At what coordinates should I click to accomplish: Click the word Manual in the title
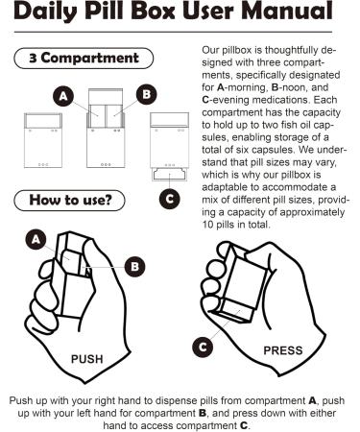[x=287, y=11]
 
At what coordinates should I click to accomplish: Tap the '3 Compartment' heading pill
[x=84, y=59]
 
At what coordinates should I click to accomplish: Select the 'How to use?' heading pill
[x=69, y=201]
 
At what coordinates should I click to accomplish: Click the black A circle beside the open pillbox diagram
[x=63, y=96]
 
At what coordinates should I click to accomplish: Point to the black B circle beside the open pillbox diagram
[x=146, y=94]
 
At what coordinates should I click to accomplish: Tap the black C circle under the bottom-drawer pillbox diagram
[x=170, y=199]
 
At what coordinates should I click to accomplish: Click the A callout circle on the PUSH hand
[x=36, y=240]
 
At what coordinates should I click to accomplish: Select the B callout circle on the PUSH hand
[x=134, y=267]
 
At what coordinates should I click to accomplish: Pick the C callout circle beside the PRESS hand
[x=203, y=347]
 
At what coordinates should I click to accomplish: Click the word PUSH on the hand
[x=86, y=359]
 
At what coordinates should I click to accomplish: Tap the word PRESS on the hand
[x=283, y=350]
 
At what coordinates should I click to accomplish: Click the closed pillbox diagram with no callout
[x=43, y=140]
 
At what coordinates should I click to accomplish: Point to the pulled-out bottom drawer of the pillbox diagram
[x=169, y=175]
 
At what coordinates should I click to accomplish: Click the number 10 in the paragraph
[x=207, y=225]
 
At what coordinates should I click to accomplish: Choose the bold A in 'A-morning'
[x=220, y=87]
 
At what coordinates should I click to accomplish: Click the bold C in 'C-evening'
[x=205, y=100]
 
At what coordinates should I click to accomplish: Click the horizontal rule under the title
[x=173, y=32]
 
